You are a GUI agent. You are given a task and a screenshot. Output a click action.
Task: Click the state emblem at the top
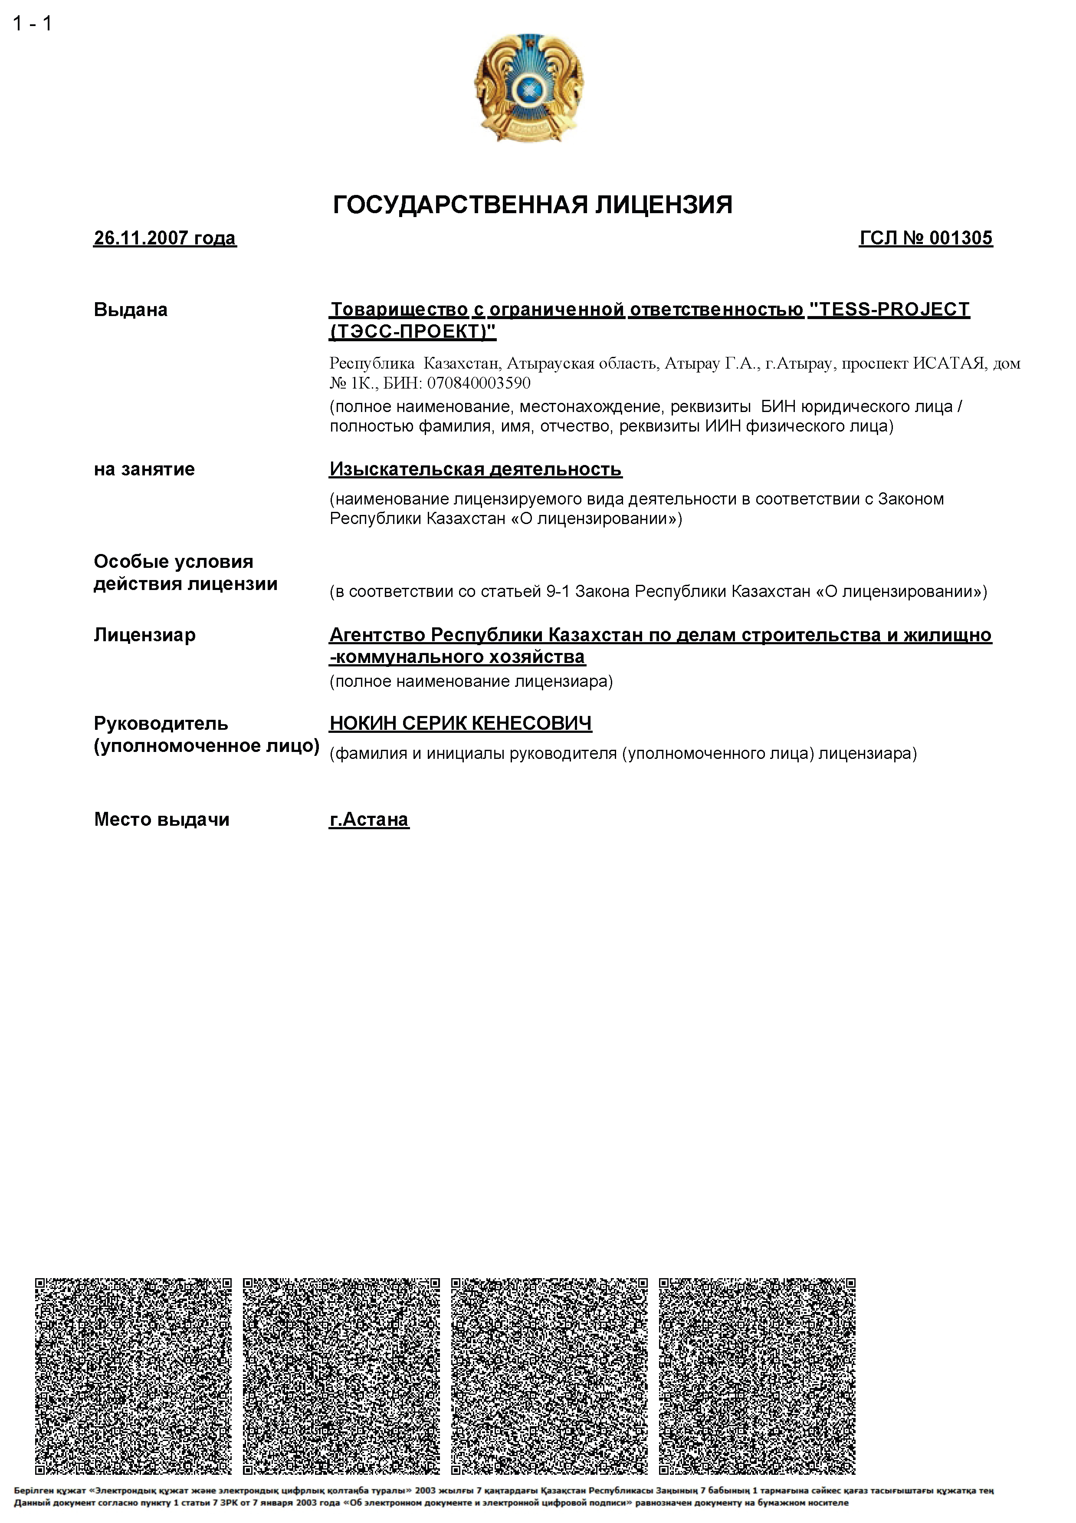tap(529, 88)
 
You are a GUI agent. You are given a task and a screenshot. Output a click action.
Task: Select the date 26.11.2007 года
tap(164, 238)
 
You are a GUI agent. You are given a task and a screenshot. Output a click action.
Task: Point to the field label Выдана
tap(131, 310)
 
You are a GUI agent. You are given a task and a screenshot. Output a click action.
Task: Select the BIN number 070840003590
tap(479, 383)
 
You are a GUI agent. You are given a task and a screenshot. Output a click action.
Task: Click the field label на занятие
tap(144, 469)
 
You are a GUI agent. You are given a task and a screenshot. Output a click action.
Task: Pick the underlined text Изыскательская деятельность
tap(476, 469)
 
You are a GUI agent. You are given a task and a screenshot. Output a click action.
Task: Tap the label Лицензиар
tap(144, 635)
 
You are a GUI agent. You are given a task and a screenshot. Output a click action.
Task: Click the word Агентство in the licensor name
tap(377, 635)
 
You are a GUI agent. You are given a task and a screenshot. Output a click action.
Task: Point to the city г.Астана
tap(369, 819)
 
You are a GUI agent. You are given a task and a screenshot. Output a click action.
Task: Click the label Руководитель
tap(161, 723)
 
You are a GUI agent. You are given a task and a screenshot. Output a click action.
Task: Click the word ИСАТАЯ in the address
tap(948, 363)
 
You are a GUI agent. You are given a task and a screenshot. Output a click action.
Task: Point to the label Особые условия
tap(173, 561)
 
